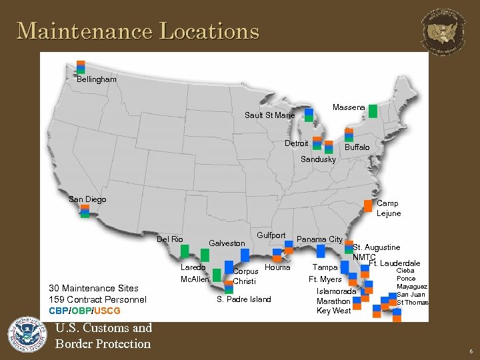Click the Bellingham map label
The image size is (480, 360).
97,79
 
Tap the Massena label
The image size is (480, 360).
349,107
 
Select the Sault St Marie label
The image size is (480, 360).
269,115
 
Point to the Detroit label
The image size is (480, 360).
296,143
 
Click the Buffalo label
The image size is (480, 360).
357,147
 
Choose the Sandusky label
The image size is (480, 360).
319,159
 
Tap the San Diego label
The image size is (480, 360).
87,199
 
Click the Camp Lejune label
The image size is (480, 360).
389,208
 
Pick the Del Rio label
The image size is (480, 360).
170,239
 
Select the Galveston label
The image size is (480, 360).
227,243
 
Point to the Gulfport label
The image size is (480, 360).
271,235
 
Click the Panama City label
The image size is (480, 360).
319,239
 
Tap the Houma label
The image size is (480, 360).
277,267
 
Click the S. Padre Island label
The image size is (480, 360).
244,299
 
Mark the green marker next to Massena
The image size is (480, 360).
373,111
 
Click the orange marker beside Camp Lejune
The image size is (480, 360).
368,206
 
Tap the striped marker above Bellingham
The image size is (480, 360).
81,67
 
